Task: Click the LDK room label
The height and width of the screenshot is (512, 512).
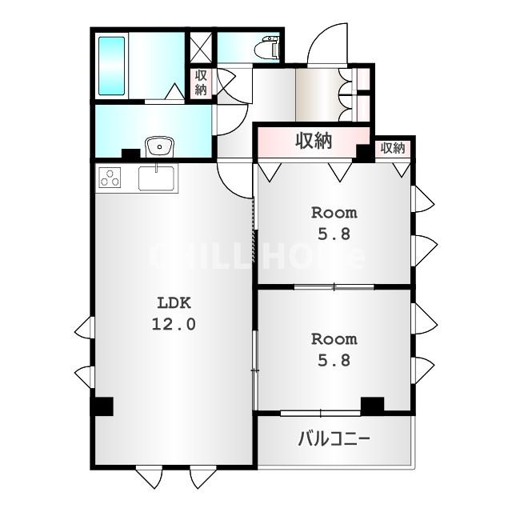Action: click(174, 303)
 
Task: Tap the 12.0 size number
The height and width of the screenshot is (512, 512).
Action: click(174, 324)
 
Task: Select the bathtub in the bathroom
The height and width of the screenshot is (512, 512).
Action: click(111, 66)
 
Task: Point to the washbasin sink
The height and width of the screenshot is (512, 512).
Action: click(160, 146)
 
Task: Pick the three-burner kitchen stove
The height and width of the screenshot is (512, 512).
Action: click(110, 178)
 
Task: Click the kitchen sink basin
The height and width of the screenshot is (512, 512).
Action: click(156, 178)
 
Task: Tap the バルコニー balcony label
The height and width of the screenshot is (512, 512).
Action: click(334, 438)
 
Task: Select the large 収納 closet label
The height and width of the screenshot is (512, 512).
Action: click(314, 141)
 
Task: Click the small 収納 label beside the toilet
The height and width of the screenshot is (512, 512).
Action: click(201, 82)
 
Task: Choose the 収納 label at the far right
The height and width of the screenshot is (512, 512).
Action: click(393, 148)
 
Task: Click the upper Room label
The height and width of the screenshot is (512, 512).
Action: click(334, 213)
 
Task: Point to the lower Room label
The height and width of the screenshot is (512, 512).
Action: click(334, 339)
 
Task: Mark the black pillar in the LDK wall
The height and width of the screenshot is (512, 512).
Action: click(102, 406)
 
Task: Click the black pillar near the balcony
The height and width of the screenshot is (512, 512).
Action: click(372, 406)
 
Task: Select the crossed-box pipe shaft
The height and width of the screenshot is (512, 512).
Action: click(201, 47)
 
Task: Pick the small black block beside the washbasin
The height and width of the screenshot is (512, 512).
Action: click(130, 154)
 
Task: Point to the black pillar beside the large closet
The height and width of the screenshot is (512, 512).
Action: click(362, 153)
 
